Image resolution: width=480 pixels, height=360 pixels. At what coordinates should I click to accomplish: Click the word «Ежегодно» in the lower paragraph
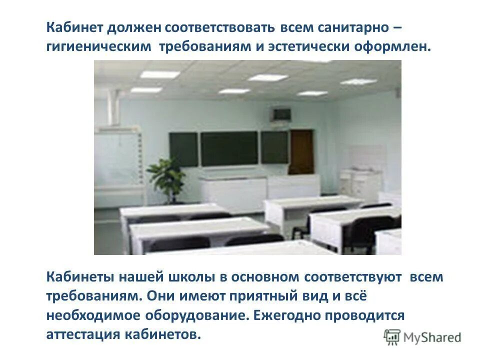coord(287,316)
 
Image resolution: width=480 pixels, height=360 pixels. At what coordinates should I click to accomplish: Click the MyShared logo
coord(422,337)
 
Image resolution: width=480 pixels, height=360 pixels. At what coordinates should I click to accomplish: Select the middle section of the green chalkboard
coord(229,148)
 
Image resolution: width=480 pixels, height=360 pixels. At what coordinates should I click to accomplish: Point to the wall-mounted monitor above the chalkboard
coord(280,114)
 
